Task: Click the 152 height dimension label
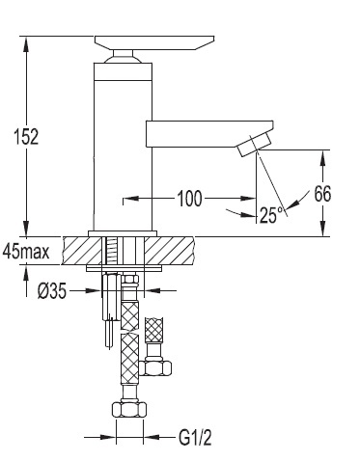point(26,136)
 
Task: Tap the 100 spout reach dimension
point(190,199)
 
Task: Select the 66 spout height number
point(322,194)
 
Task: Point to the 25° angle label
point(272,215)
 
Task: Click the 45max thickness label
point(26,251)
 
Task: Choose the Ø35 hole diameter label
point(52,291)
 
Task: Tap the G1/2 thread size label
point(195,438)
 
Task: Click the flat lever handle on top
point(154,42)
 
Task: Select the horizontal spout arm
point(209,134)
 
